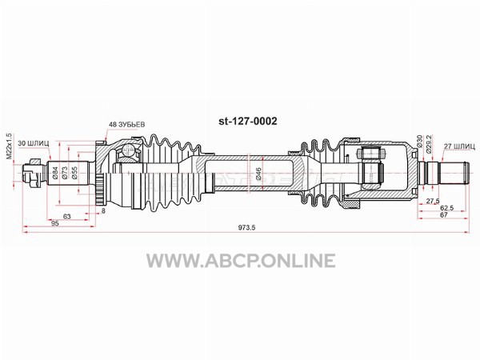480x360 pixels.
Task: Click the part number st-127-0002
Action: [x=248, y=122]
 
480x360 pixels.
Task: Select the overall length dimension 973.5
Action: [x=246, y=227]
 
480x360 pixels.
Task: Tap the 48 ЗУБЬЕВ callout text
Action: [x=126, y=125]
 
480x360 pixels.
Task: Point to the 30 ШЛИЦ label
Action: [x=34, y=143]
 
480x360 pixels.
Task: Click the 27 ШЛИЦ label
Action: [x=459, y=146]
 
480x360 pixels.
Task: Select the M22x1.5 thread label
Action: [x=9, y=146]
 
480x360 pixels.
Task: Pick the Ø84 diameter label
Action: [x=55, y=173]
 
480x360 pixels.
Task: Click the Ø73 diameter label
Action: [x=65, y=173]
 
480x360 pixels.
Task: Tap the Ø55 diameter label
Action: [x=74, y=173]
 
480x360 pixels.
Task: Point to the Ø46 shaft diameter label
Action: [x=258, y=174]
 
